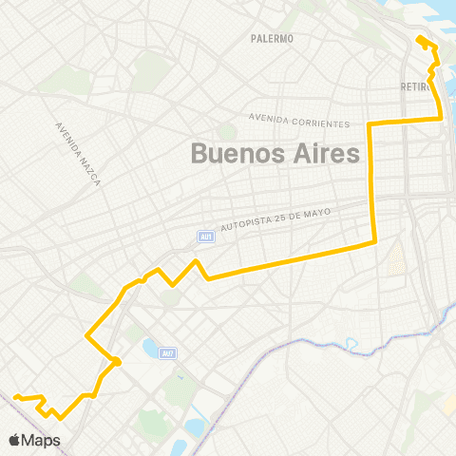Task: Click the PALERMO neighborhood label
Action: coord(273,38)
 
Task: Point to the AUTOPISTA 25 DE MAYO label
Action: coord(275,219)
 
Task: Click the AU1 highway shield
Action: coord(204,237)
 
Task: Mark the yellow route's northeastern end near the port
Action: coord(419,38)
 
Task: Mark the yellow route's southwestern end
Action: coord(16,397)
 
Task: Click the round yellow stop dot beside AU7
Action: coord(117,361)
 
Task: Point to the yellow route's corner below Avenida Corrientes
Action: coord(370,124)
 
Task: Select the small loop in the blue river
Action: coord(351,343)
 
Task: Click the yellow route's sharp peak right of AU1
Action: coord(196,260)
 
